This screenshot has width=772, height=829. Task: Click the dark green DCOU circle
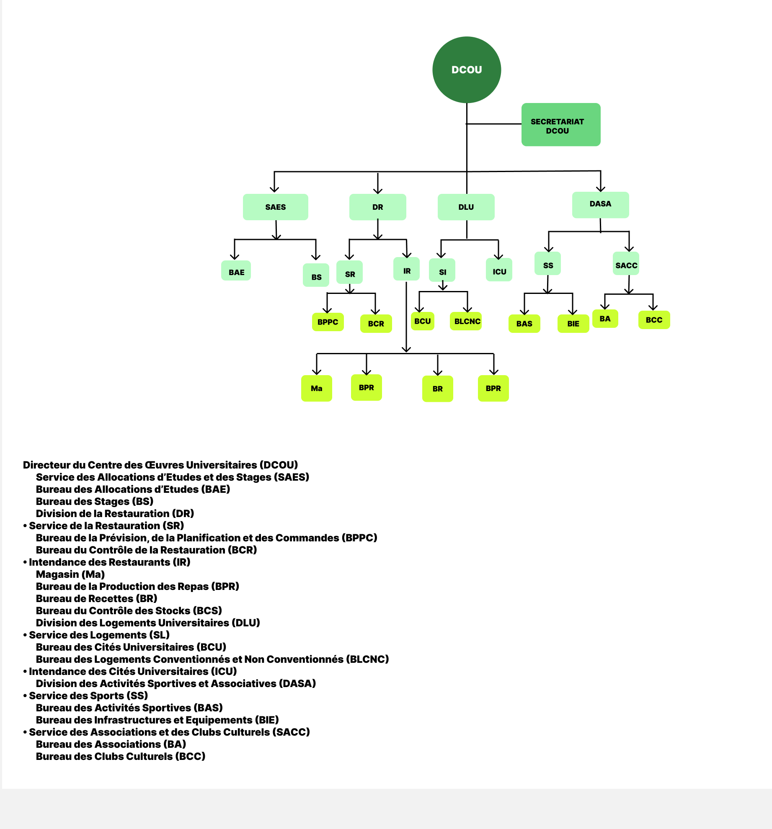[x=467, y=70]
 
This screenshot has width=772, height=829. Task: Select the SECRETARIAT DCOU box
[x=560, y=125]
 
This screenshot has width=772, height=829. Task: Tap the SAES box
[x=275, y=207]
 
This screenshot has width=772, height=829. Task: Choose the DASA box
[x=600, y=204]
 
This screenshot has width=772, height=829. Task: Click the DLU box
[x=466, y=207]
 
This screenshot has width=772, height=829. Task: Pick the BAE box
[x=236, y=271]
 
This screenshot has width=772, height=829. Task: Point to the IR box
[x=406, y=270]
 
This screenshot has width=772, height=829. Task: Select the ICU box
[x=499, y=270]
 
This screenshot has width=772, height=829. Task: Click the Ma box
[x=316, y=388]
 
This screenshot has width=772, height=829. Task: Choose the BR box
[x=437, y=389]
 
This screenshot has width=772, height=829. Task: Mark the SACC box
[x=626, y=264]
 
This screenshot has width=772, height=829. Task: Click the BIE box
[x=573, y=324]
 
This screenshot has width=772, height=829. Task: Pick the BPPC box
[x=328, y=322]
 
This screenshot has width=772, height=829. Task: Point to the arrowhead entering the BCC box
[x=653, y=308]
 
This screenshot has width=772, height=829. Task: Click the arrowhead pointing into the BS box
[x=316, y=257]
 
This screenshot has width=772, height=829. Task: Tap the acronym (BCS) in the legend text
[x=207, y=610]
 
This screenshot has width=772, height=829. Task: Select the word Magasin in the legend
[x=57, y=574]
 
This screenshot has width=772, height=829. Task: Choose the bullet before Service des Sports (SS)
[x=25, y=696]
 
